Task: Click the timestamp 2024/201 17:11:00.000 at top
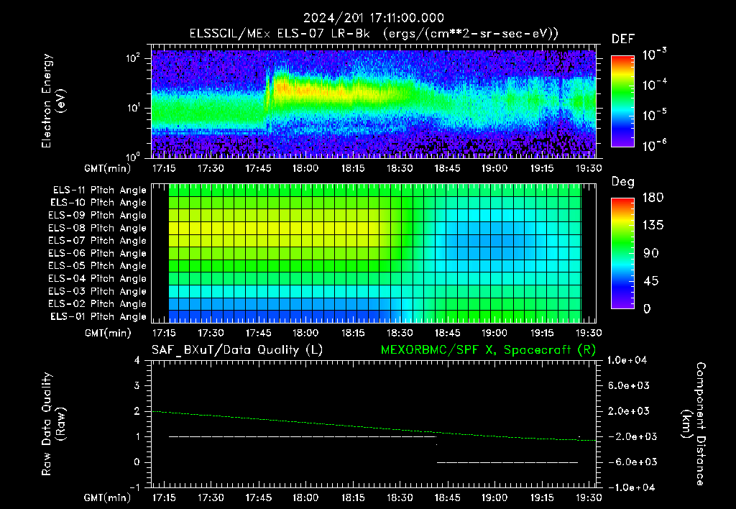(x=373, y=18)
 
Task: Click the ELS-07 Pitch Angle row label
(x=97, y=240)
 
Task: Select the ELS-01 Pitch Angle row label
(x=98, y=316)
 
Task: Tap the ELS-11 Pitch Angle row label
(x=99, y=190)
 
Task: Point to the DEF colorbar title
(x=623, y=39)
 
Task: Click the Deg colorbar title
(x=623, y=182)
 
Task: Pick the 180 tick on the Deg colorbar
(x=653, y=197)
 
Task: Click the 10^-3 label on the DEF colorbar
(x=654, y=54)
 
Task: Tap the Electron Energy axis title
(x=52, y=101)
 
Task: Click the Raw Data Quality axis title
(x=52, y=424)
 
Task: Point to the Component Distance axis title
(x=694, y=424)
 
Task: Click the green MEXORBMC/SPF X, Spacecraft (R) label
(x=488, y=350)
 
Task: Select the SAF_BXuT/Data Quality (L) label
(x=237, y=350)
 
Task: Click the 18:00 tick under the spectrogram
(x=305, y=168)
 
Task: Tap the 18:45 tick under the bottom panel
(x=447, y=497)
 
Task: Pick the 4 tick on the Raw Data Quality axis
(x=137, y=360)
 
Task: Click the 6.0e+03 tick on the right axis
(x=629, y=385)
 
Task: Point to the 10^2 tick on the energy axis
(x=133, y=58)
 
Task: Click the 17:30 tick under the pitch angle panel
(x=211, y=333)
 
